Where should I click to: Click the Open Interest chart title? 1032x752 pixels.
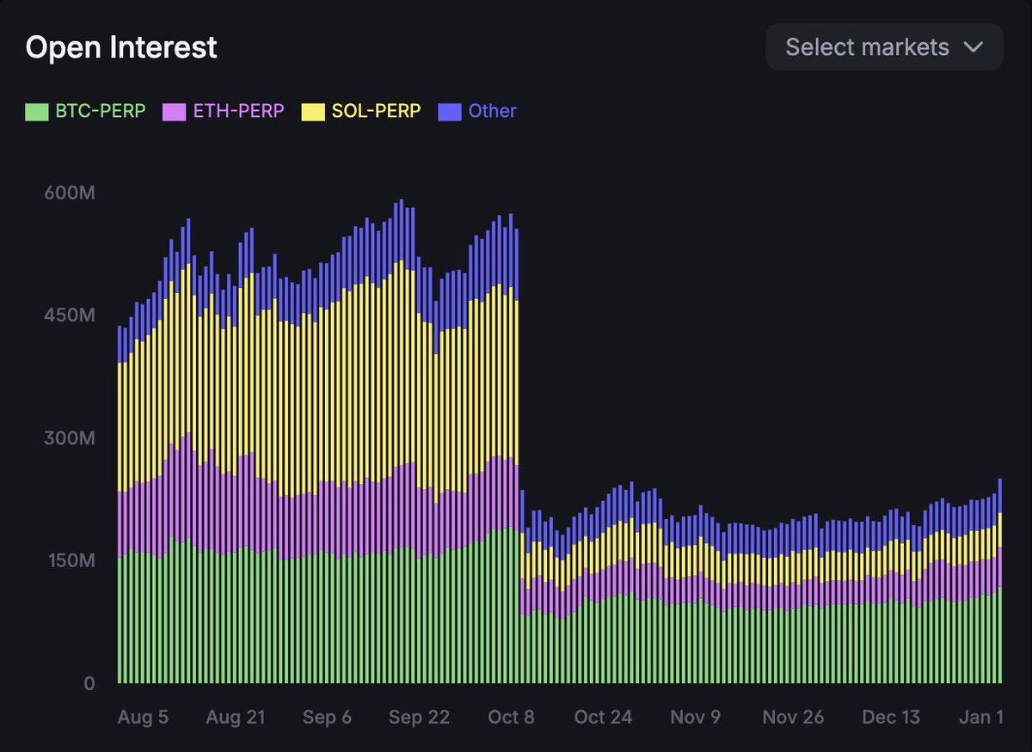pyautogui.click(x=121, y=47)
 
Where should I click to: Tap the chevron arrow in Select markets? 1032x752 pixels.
pyautogui.click(x=974, y=46)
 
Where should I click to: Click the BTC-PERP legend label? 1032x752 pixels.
pyautogui.click(x=101, y=111)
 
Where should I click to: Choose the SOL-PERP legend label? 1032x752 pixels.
pyautogui.click(x=376, y=111)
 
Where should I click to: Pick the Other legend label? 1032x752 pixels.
pyautogui.click(x=492, y=111)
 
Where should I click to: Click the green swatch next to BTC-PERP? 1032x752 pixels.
pyautogui.click(x=36, y=112)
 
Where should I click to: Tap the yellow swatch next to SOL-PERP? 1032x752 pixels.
pyautogui.click(x=312, y=112)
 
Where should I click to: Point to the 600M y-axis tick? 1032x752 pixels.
pyautogui.click(x=69, y=193)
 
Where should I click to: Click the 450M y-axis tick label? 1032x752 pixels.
pyautogui.click(x=69, y=315)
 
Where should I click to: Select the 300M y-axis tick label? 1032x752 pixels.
pyautogui.click(x=69, y=438)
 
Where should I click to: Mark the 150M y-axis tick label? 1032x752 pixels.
pyautogui.click(x=69, y=561)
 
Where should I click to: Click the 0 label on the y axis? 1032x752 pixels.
pyautogui.click(x=89, y=684)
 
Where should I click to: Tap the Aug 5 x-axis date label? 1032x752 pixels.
pyautogui.click(x=144, y=718)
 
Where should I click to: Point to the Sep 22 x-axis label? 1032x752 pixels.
pyautogui.click(x=419, y=718)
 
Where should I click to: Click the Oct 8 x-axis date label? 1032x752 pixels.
pyautogui.click(x=511, y=718)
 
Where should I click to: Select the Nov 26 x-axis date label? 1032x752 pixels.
pyautogui.click(x=793, y=718)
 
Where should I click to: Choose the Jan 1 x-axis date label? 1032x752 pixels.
pyautogui.click(x=981, y=718)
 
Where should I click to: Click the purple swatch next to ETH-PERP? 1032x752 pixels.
pyautogui.click(x=174, y=112)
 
